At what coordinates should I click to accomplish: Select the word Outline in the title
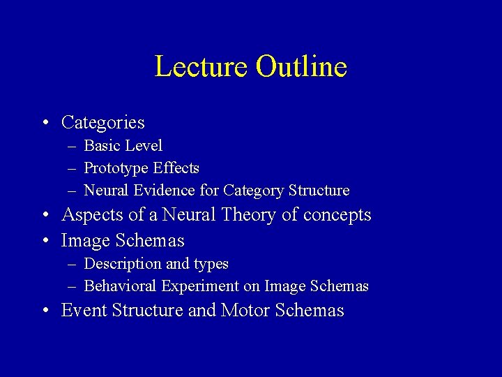tap(301, 67)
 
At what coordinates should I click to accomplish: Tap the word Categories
tap(102, 123)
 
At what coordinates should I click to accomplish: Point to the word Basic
tap(102, 146)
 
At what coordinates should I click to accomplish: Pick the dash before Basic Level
tap(73, 147)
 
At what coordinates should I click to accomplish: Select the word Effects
tap(177, 168)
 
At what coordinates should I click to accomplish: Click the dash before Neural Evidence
tap(73, 191)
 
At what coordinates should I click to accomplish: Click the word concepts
tap(337, 215)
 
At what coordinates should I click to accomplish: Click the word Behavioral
tap(120, 286)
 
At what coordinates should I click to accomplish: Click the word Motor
tap(245, 310)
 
